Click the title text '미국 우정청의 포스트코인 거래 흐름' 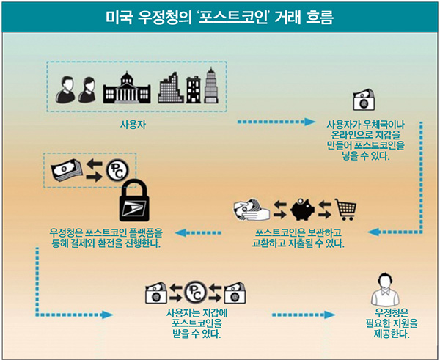click(x=219, y=15)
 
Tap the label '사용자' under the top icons click(x=133, y=124)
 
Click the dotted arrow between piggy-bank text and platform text click(x=202, y=232)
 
